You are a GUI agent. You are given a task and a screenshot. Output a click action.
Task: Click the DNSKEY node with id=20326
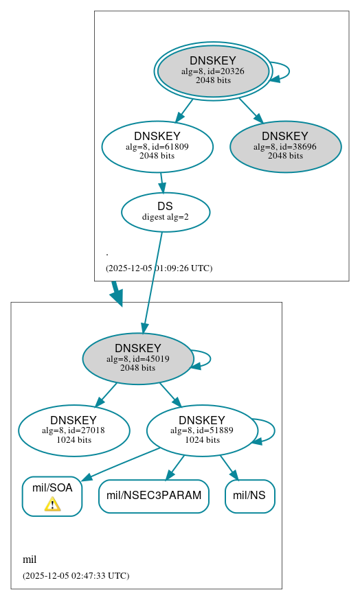tap(213, 71)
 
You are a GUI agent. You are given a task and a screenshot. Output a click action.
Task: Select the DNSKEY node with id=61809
tap(157, 146)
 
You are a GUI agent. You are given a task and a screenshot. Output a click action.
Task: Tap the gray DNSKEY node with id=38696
tap(285, 146)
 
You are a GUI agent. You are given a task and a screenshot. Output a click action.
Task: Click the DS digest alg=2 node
tap(166, 211)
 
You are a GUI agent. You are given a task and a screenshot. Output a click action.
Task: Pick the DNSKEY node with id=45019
tap(138, 358)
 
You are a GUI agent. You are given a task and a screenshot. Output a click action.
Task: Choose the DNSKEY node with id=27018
tap(74, 430)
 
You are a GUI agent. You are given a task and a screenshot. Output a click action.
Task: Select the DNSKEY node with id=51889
tap(202, 430)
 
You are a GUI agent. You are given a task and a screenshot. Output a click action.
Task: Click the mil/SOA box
tap(52, 496)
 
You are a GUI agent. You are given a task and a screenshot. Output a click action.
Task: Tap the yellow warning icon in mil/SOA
tap(52, 505)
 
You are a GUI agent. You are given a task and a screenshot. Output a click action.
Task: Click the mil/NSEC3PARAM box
tap(154, 496)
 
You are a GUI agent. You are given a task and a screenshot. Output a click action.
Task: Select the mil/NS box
tap(249, 496)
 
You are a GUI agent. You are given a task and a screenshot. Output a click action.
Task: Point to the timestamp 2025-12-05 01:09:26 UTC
tap(159, 268)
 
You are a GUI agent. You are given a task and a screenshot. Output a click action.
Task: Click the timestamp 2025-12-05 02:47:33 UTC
tap(76, 575)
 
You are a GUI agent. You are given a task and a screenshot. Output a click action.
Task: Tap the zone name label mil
tap(30, 559)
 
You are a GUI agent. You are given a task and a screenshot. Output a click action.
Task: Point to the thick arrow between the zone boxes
tap(116, 293)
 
